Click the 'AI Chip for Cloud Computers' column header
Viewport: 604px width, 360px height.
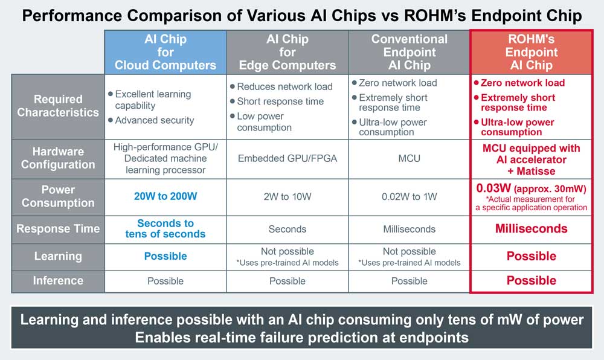coord(165,52)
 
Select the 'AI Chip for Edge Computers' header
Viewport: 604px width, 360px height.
coord(288,52)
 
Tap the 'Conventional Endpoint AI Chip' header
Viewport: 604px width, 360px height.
coord(410,52)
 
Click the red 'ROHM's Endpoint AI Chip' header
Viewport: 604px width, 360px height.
coord(532,52)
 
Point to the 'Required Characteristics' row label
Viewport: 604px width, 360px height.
coord(58,106)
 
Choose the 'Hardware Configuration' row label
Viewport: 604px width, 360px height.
coord(58,158)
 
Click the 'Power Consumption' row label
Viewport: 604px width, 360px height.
coord(58,196)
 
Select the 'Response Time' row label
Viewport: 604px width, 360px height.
coord(58,229)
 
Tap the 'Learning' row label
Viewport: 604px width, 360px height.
coord(58,256)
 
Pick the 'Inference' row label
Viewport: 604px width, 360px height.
coord(58,280)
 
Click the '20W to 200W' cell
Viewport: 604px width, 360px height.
coord(165,196)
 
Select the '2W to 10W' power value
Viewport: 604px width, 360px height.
coord(288,196)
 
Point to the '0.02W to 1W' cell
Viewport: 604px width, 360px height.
coord(410,196)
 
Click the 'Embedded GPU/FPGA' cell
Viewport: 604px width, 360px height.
coord(288,158)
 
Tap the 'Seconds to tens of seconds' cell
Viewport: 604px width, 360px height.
coord(165,228)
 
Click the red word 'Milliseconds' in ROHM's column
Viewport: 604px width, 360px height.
coord(532,228)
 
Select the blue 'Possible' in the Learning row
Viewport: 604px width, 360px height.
coord(165,256)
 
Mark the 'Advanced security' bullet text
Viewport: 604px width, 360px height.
coord(155,120)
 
